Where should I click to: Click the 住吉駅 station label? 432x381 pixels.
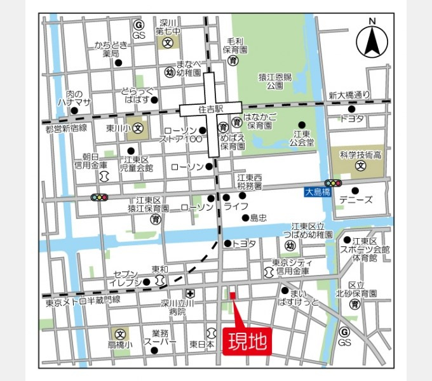click(x=210, y=109)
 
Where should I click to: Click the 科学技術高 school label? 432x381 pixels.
click(x=360, y=154)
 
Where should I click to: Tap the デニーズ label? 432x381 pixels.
click(x=356, y=200)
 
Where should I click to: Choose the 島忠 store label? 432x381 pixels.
click(x=258, y=218)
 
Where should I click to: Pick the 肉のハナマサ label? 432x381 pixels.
click(x=74, y=98)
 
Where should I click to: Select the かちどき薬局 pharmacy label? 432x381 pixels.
click(x=112, y=50)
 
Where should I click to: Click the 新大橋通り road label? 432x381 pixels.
click(x=349, y=96)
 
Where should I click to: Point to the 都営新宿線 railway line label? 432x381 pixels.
click(x=66, y=129)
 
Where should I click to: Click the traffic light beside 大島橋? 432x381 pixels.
click(x=333, y=183)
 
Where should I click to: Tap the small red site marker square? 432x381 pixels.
click(x=233, y=295)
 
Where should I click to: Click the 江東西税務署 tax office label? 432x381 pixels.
click(x=250, y=182)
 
